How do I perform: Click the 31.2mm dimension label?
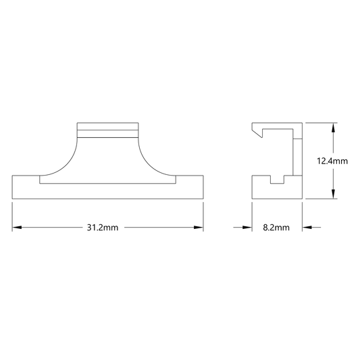pyautogui.click(x=103, y=228)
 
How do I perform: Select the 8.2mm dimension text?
pyautogui.click(x=276, y=228)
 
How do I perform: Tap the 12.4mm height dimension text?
pyautogui.click(x=332, y=161)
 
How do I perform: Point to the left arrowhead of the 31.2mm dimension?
pyautogui.click(x=17, y=228)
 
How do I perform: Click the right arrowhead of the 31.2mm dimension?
pyautogui.click(x=199, y=228)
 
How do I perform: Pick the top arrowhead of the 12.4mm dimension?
pyautogui.click(x=334, y=128)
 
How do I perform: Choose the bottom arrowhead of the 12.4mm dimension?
pyautogui.click(x=334, y=194)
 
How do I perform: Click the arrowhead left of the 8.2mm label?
pyautogui.click(x=247, y=228)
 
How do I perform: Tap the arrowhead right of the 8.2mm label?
pyautogui.click(x=307, y=228)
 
